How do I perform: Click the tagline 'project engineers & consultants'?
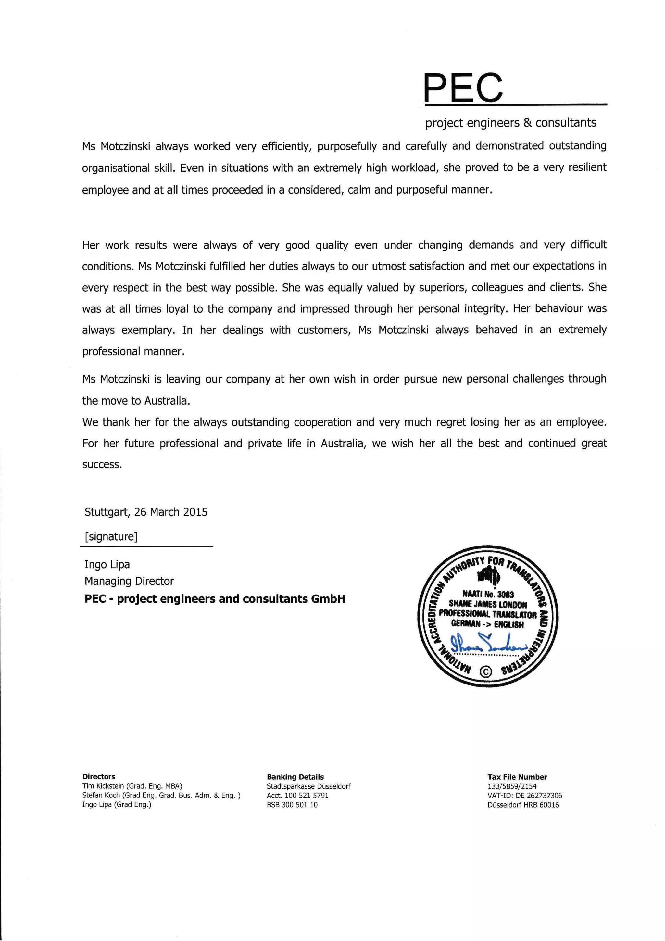pos(510,122)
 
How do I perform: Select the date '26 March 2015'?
pos(171,512)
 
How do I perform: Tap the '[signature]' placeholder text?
pos(111,536)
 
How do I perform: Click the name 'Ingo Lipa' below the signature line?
pos(107,564)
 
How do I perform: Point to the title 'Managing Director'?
pos(129,581)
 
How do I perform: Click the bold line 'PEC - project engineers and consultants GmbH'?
pos(215,599)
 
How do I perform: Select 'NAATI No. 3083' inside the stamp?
pos(488,594)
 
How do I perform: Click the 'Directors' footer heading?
pos(99,777)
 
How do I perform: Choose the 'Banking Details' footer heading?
pos(295,777)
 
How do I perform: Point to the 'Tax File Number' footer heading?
pos(517,777)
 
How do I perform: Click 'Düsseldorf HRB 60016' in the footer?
pos(523,805)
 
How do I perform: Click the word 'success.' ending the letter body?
pos(102,465)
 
